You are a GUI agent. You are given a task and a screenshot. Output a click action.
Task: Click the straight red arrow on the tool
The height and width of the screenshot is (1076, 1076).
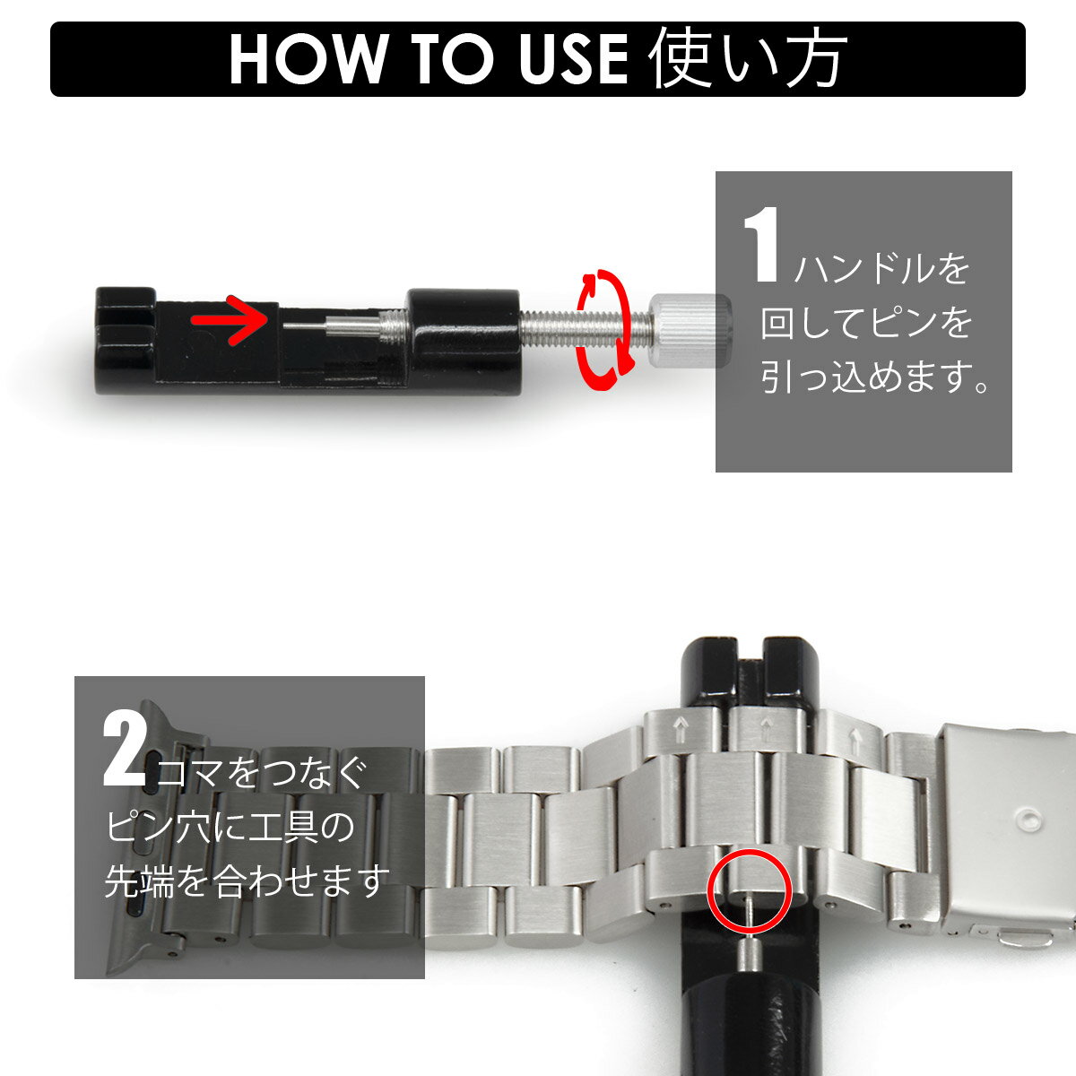coord(229,320)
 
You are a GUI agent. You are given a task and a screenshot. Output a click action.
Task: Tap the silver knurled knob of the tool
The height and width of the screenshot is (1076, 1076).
coord(690,331)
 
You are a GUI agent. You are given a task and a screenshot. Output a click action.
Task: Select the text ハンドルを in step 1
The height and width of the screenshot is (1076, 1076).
coord(881,269)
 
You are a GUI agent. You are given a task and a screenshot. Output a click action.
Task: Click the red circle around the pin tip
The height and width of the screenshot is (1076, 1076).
coord(750,890)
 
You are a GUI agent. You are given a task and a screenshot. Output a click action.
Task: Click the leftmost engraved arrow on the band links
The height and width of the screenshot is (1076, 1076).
coord(681,729)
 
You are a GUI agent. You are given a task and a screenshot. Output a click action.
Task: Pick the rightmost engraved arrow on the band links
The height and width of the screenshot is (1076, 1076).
coord(855,739)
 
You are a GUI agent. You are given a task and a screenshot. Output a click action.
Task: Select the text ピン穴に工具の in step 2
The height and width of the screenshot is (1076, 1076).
coord(230,827)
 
